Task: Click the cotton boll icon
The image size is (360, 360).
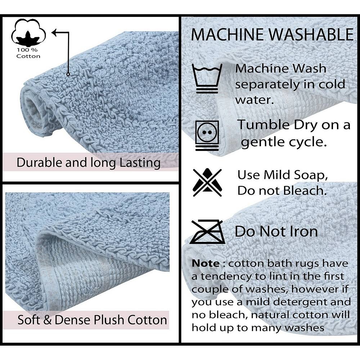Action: pyautogui.click(x=28, y=33)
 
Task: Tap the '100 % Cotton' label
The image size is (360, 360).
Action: pyautogui.click(x=28, y=53)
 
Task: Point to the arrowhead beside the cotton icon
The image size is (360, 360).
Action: pyautogui.click(x=55, y=33)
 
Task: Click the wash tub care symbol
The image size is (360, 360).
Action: pyautogui.click(x=207, y=78)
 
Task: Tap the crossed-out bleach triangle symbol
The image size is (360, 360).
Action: pyautogui.click(x=207, y=183)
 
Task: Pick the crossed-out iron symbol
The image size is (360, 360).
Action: pyautogui.click(x=207, y=231)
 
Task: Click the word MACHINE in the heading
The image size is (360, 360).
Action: pyautogui.click(x=227, y=35)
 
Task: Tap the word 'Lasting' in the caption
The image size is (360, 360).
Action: pyautogui.click(x=140, y=163)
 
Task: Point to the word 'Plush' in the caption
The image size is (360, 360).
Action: pyautogui.click(x=109, y=320)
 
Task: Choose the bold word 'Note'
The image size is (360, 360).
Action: pyautogui.click(x=206, y=264)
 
